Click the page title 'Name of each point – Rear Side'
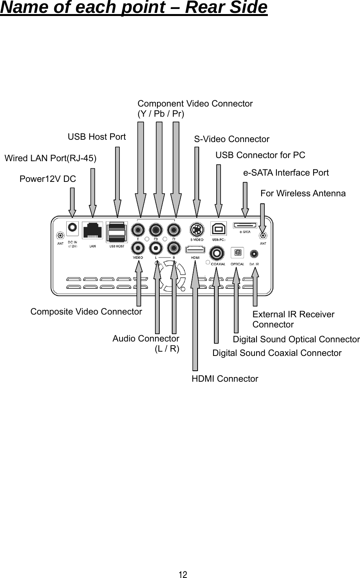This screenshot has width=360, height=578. [x=134, y=8]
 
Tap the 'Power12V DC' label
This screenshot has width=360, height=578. [x=48, y=179]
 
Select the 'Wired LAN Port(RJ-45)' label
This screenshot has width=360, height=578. [x=50, y=158]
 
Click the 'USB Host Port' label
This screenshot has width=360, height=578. [x=97, y=137]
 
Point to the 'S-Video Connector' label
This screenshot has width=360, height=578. [x=232, y=139]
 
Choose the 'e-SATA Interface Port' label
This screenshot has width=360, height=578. [x=286, y=173]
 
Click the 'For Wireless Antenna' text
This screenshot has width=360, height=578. [x=303, y=193]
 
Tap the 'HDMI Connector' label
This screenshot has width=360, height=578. [x=225, y=379]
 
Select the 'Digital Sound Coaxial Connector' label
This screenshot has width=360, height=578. [x=276, y=353]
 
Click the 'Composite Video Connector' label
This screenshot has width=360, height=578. [x=86, y=311]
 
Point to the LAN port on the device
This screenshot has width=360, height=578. [x=93, y=231]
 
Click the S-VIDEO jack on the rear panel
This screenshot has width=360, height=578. [x=196, y=229]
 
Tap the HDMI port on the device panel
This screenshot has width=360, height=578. [x=196, y=249]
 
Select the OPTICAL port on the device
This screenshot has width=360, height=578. [x=237, y=253]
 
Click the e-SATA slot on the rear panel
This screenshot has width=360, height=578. [x=245, y=226]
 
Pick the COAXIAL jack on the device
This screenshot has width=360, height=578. [x=216, y=253]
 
